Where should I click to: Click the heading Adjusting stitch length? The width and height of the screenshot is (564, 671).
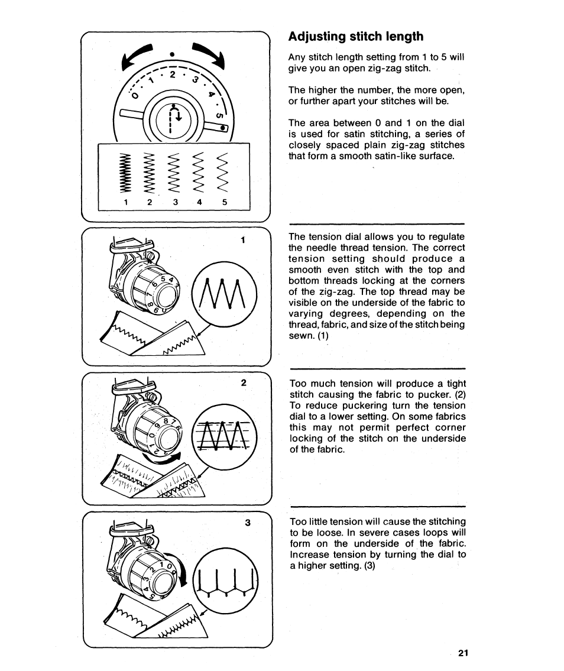[x=356, y=37]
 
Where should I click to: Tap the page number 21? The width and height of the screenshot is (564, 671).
[x=463, y=653]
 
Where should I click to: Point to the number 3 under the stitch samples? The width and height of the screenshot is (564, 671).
[x=176, y=202]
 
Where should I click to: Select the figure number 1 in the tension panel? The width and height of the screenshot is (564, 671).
[x=242, y=240]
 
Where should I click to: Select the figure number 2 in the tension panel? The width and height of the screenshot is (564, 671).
[x=243, y=382]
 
